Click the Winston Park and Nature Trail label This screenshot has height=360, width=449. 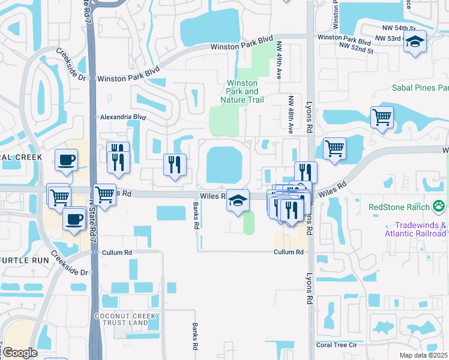point(243,91)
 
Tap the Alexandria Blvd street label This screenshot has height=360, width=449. point(123,117)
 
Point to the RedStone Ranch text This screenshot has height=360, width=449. point(399,207)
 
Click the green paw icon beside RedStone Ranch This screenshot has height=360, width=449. point(440,206)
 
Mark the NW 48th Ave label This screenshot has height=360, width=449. point(291,114)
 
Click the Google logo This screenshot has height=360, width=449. point(20,353)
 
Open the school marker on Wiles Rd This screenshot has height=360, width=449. point(238,200)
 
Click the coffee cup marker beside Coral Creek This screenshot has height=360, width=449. point(66,160)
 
